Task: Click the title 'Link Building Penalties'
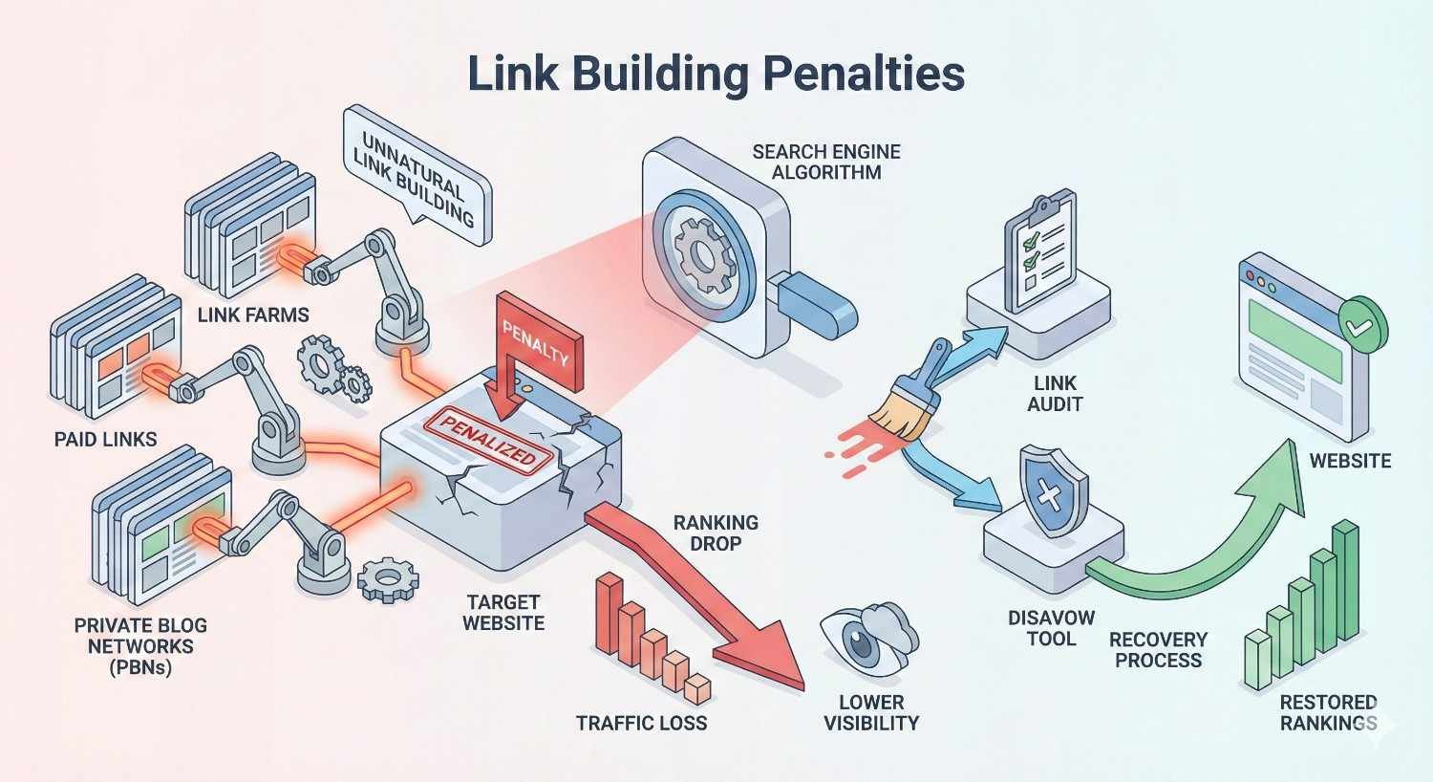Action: pyautogui.click(x=716, y=75)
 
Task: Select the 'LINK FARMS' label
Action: pyautogui.click(x=253, y=314)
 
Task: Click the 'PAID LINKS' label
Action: pyautogui.click(x=106, y=440)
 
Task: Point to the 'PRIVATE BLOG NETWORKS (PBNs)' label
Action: pyautogui.click(x=140, y=646)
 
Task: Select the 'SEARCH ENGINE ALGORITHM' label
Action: pyautogui.click(x=826, y=162)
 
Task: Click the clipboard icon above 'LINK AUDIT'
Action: pyautogui.click(x=1039, y=250)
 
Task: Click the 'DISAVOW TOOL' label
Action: pyautogui.click(x=1051, y=628)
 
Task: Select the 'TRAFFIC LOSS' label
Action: pyautogui.click(x=641, y=723)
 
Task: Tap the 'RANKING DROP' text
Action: pyautogui.click(x=716, y=532)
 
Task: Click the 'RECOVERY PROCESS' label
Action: pyautogui.click(x=1158, y=649)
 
